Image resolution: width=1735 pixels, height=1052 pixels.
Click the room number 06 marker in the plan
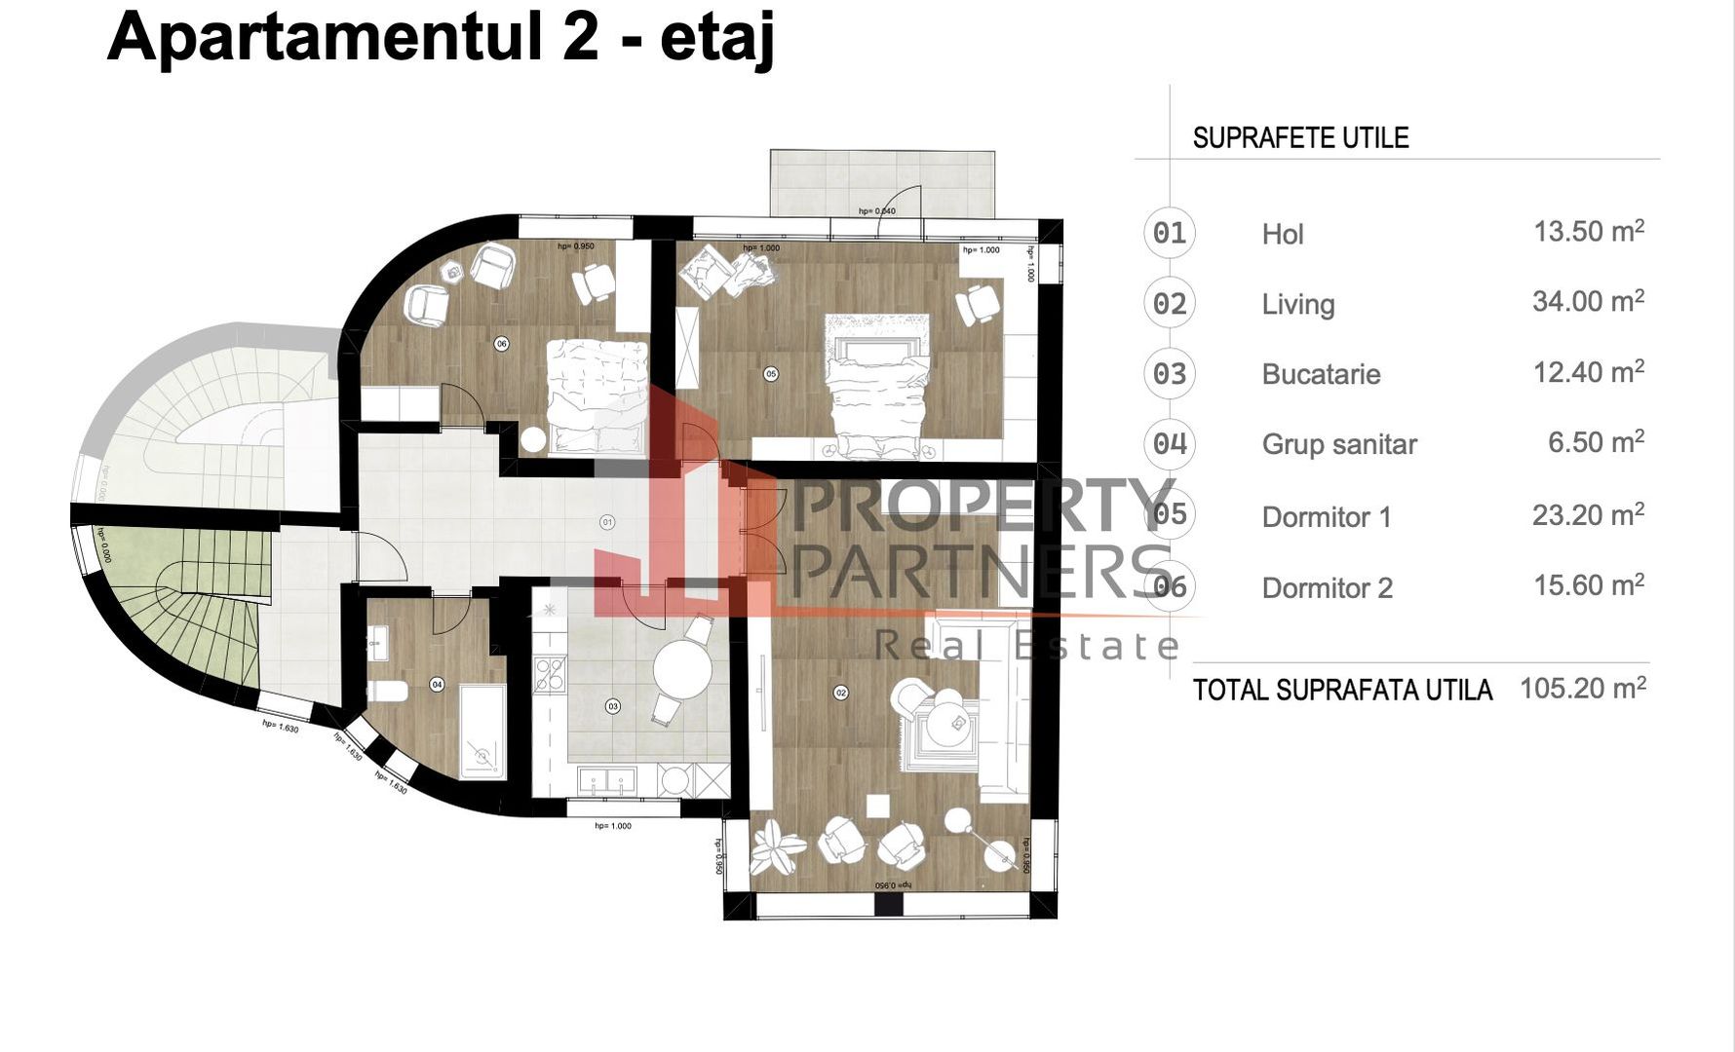(501, 344)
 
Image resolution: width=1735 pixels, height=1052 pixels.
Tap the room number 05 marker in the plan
(771, 374)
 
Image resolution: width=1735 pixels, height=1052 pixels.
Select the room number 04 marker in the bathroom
(437, 685)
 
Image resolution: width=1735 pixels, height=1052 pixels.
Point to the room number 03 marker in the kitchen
(612, 706)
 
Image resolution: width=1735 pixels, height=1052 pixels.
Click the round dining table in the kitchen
(682, 669)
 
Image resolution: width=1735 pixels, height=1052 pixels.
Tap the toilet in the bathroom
(388, 692)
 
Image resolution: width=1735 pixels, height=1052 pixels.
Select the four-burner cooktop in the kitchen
(551, 674)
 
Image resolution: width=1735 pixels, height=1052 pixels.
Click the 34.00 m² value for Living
(1588, 302)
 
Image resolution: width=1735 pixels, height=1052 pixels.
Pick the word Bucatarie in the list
(1321, 374)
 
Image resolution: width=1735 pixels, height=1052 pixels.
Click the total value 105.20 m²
(1583, 689)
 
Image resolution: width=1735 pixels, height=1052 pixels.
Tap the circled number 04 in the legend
(1170, 444)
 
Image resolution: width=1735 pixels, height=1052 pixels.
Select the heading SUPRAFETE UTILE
(1300, 138)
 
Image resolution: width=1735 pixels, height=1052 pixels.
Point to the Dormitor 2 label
(1327, 588)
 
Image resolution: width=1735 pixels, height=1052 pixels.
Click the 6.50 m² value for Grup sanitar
(1596, 443)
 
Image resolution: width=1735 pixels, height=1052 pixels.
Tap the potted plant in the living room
(777, 846)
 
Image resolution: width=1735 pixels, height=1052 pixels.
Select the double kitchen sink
(607, 780)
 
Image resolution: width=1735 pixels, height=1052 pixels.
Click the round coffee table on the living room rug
(945, 721)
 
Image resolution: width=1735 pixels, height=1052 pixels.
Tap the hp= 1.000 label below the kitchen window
(613, 826)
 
